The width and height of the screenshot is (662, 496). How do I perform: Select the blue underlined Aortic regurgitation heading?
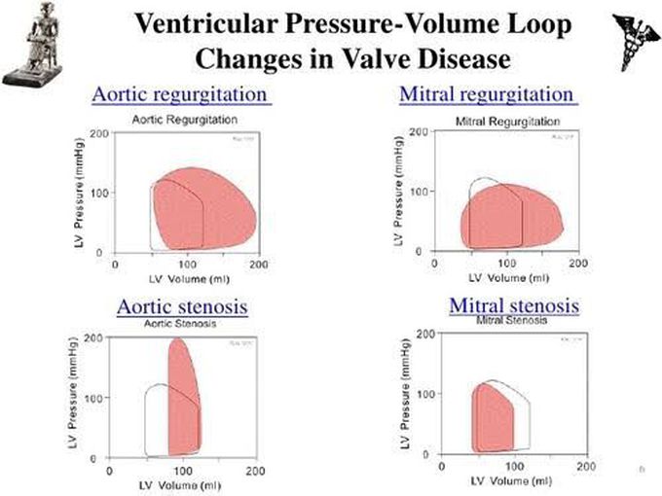[x=180, y=95]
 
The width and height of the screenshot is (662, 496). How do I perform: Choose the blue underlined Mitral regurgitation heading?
[x=488, y=95]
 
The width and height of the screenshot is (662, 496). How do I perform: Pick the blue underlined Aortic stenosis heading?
[x=182, y=306]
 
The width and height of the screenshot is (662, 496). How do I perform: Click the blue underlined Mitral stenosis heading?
[x=513, y=305]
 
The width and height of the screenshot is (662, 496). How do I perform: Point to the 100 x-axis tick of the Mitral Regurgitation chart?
[x=506, y=264]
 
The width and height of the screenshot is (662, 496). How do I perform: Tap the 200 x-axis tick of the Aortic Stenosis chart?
[x=256, y=471]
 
